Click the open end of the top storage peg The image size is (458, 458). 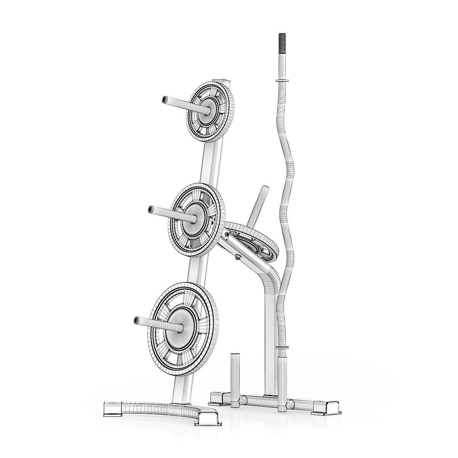tap(164, 100)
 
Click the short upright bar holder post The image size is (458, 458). tap(234, 367)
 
